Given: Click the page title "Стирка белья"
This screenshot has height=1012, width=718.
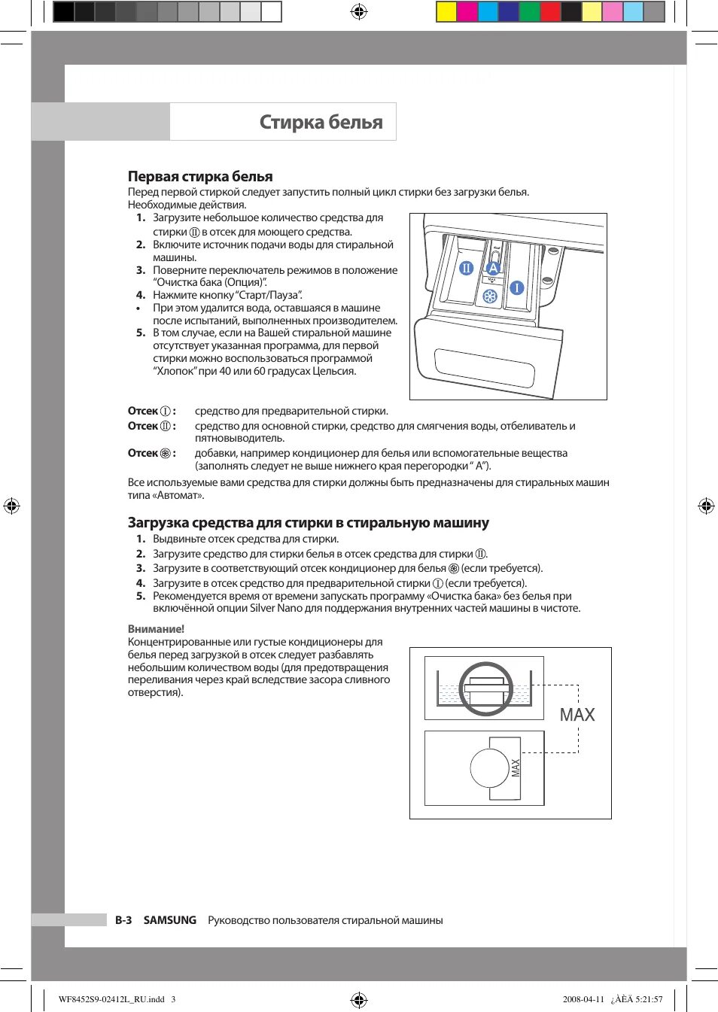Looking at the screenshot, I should pyautogui.click(x=321, y=122).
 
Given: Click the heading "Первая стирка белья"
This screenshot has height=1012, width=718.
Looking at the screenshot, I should pyautogui.click(x=200, y=177).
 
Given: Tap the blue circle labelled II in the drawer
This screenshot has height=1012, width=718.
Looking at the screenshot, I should pyautogui.click(x=467, y=268).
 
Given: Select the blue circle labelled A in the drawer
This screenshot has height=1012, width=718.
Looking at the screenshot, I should pyautogui.click(x=494, y=268).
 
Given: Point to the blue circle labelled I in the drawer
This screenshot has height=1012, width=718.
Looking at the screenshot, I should pyautogui.click(x=517, y=287).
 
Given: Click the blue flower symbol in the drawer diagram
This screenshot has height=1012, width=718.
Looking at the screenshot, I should pyautogui.click(x=490, y=296).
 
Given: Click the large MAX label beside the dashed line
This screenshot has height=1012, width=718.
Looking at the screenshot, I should pyautogui.click(x=577, y=715).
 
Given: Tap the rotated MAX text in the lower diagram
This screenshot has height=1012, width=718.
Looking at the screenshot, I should pyautogui.click(x=516, y=767).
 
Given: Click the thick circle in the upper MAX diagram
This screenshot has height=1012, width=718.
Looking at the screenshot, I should pyautogui.click(x=485, y=688).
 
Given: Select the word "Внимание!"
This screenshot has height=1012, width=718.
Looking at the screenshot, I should pyautogui.click(x=156, y=629).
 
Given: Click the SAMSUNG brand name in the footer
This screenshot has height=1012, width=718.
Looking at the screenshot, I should pyautogui.click(x=170, y=920).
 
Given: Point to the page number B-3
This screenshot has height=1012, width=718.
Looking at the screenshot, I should pyautogui.click(x=123, y=920).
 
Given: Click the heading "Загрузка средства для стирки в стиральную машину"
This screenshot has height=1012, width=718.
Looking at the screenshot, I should pyautogui.click(x=309, y=523).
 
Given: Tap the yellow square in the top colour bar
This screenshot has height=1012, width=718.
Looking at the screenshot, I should pyautogui.click(x=446, y=11).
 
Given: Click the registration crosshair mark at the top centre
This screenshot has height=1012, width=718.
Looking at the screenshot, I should pyautogui.click(x=359, y=11).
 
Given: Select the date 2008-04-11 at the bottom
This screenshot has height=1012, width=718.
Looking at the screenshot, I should pyautogui.click(x=583, y=999).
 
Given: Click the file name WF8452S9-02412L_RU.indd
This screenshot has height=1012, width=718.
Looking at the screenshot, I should pyautogui.click(x=111, y=999).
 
